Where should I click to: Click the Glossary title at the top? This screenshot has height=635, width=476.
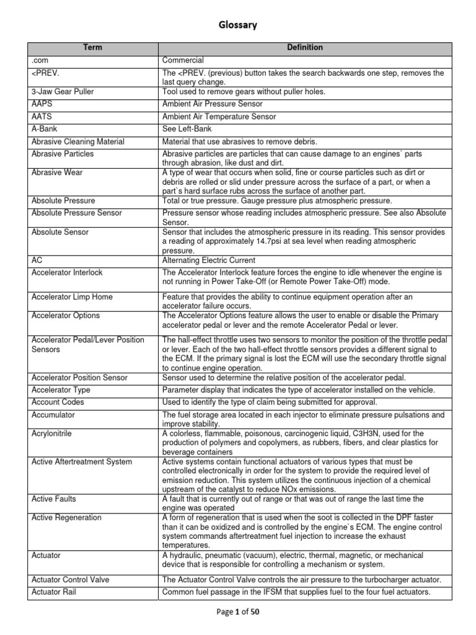238,25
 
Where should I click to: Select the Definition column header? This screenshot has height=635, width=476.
304,48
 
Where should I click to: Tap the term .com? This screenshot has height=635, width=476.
40,61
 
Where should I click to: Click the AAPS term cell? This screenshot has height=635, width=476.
42,104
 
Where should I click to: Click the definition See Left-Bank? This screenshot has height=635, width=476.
187,129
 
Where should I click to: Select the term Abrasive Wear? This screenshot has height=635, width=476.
57,173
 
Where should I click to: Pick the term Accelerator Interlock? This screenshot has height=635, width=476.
67,272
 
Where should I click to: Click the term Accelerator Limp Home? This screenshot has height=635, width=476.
72,297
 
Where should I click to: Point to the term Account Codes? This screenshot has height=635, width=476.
58,402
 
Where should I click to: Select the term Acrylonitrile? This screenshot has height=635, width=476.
51,433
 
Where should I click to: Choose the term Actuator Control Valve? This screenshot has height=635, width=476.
70,580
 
